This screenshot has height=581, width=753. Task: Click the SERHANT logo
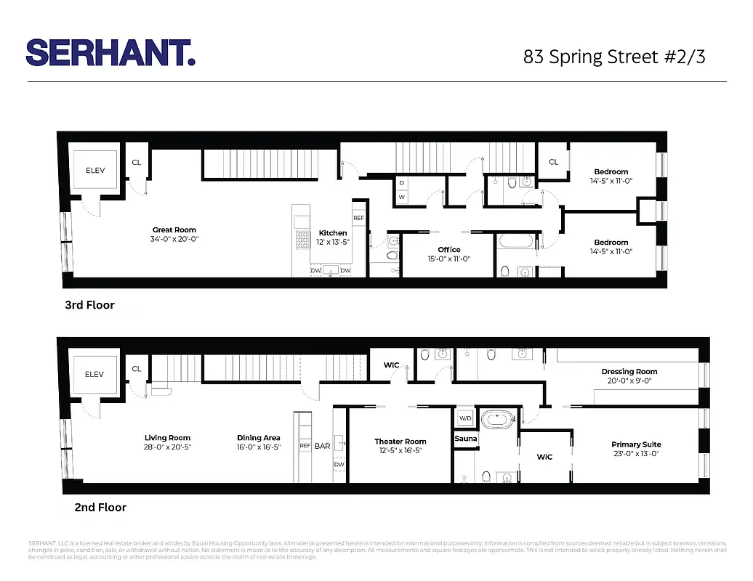click(x=110, y=52)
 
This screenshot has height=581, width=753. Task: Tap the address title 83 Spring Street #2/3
click(x=613, y=57)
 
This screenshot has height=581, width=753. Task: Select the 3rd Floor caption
click(x=89, y=305)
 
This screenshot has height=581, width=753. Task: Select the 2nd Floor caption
click(x=100, y=507)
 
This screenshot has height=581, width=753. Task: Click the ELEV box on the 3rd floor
click(x=95, y=170)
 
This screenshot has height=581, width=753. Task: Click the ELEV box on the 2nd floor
click(x=94, y=375)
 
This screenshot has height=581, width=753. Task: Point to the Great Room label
click(x=174, y=230)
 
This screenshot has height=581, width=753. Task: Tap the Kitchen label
click(x=333, y=233)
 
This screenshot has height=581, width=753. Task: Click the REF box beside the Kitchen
click(x=358, y=218)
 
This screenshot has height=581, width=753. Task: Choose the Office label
click(x=448, y=250)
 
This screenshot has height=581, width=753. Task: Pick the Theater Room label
click(x=400, y=442)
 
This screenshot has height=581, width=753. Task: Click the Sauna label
click(x=466, y=439)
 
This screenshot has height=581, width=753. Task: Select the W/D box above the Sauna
click(x=464, y=418)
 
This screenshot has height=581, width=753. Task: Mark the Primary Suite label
click(x=636, y=444)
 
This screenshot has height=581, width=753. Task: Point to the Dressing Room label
click(x=629, y=372)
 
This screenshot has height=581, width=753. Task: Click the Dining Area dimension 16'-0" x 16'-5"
click(x=258, y=447)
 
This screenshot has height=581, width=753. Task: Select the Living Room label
click(x=167, y=438)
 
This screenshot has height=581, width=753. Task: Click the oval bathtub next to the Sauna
click(x=498, y=419)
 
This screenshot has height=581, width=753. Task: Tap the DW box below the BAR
click(x=339, y=465)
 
